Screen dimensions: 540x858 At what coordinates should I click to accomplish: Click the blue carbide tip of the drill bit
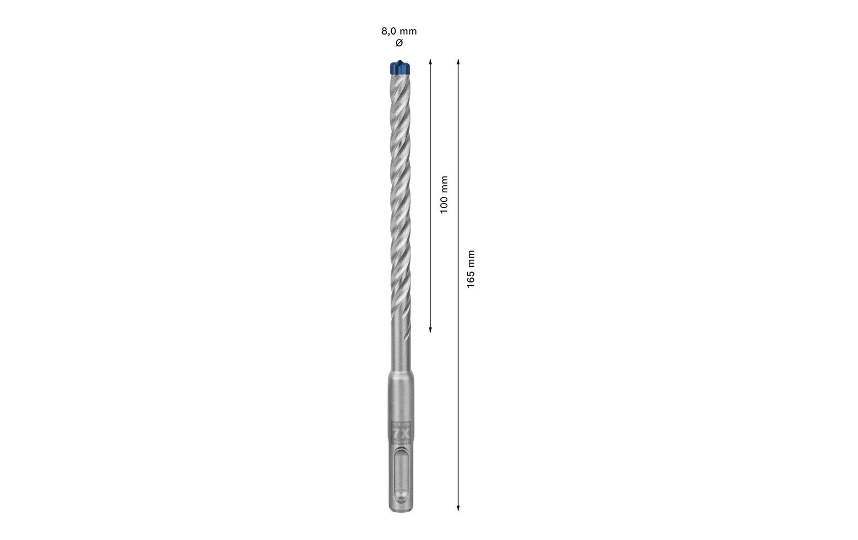[399, 68]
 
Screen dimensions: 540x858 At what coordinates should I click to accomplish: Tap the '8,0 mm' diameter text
[399, 31]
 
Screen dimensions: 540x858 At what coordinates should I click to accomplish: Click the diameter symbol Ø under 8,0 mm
[399, 43]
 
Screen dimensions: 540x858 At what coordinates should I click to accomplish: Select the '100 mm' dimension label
[444, 194]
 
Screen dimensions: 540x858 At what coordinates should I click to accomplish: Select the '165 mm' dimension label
[471, 269]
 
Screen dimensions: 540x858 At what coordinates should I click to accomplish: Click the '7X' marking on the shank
[400, 434]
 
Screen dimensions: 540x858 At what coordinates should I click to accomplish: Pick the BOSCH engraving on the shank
[401, 425]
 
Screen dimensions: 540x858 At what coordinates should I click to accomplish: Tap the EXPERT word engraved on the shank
[400, 442]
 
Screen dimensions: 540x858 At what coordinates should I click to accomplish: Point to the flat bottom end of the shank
[400, 510]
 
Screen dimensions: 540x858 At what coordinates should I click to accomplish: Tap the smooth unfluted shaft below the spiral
[400, 351]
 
